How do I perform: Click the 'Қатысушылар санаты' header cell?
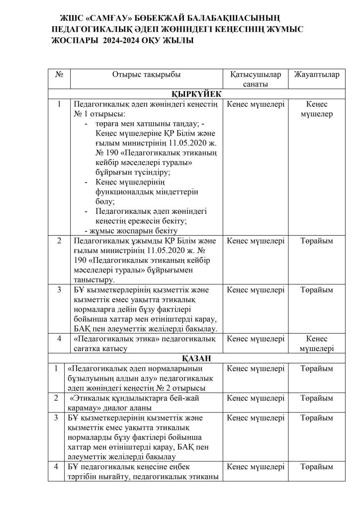click(x=256, y=79)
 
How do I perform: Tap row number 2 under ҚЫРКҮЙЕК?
click(x=59, y=241)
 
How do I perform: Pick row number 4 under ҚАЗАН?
click(x=56, y=467)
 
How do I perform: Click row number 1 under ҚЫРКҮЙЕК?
click(x=59, y=104)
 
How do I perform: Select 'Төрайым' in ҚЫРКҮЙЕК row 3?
click(x=317, y=289)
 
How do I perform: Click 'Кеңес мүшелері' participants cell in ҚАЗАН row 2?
click(x=256, y=399)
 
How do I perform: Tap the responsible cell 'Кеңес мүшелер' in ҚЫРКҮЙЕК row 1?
click(x=317, y=109)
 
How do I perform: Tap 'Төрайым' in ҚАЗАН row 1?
click(x=317, y=369)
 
